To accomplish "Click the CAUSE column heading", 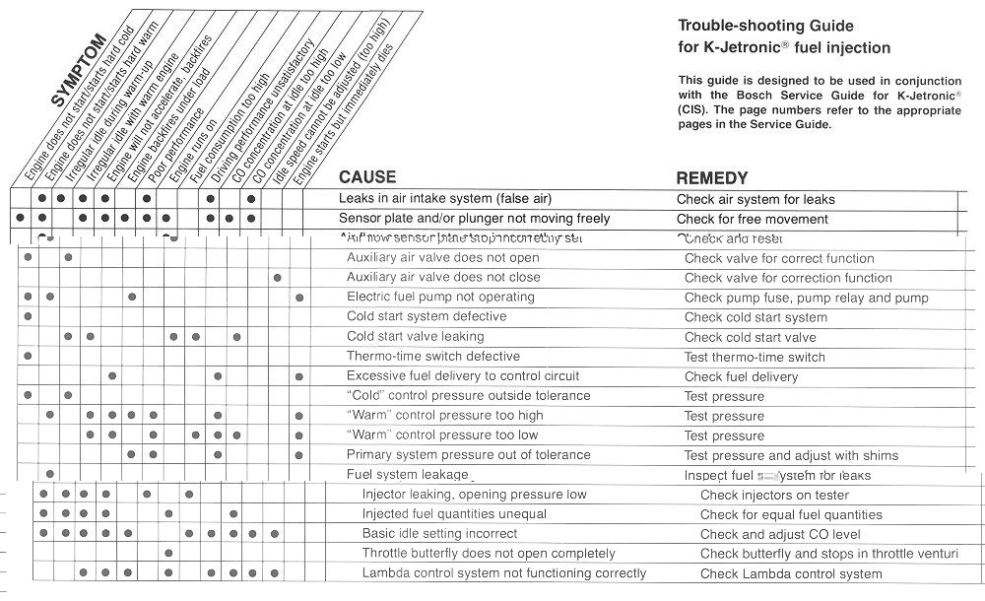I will click(366, 178).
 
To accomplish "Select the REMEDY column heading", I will click(711, 178).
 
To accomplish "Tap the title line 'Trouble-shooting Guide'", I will click(765, 27).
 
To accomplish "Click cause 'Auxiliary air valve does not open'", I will click(442, 258).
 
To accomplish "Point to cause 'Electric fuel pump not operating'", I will click(439, 298).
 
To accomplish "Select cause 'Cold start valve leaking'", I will click(415, 337).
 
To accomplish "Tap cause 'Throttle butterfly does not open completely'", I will click(489, 554).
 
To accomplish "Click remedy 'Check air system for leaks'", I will click(755, 199).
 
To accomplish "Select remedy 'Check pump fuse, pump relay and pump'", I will click(806, 298).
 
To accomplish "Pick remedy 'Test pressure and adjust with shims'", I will click(791, 455).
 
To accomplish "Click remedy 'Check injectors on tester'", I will click(774, 495).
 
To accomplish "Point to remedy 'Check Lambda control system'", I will click(791, 573).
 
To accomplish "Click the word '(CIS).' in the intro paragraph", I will click(697, 111).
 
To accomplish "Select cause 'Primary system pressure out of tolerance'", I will click(468, 455).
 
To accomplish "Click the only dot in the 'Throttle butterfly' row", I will click(168, 554).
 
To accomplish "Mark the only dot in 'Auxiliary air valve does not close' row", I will click(277, 278).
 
